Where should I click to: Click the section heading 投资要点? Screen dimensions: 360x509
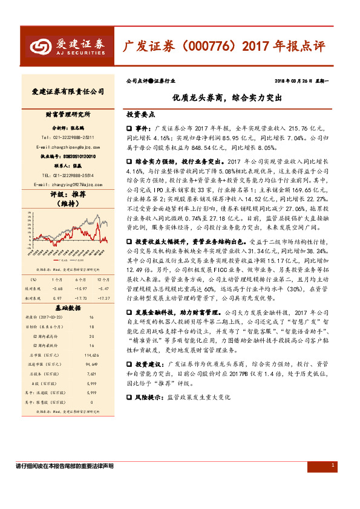click(x=140, y=114)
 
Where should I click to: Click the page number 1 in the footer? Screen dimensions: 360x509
click(x=333, y=464)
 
